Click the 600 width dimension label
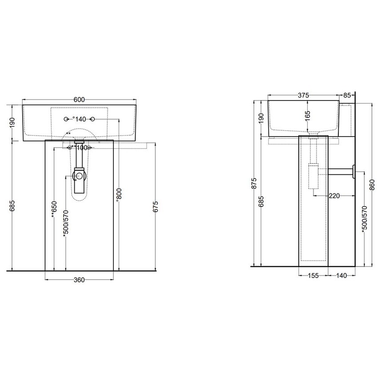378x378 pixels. [x=79, y=100]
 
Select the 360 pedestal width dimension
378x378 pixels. [x=79, y=280]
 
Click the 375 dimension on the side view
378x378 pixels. [x=304, y=95]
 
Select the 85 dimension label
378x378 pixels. [x=347, y=95]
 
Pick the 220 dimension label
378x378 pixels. [x=335, y=195]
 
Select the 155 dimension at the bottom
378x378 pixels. [x=313, y=276]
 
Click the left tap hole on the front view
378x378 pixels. [x=66, y=119]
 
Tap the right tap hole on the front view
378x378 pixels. [x=93, y=119]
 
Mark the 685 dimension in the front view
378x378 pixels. [x=12, y=206]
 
